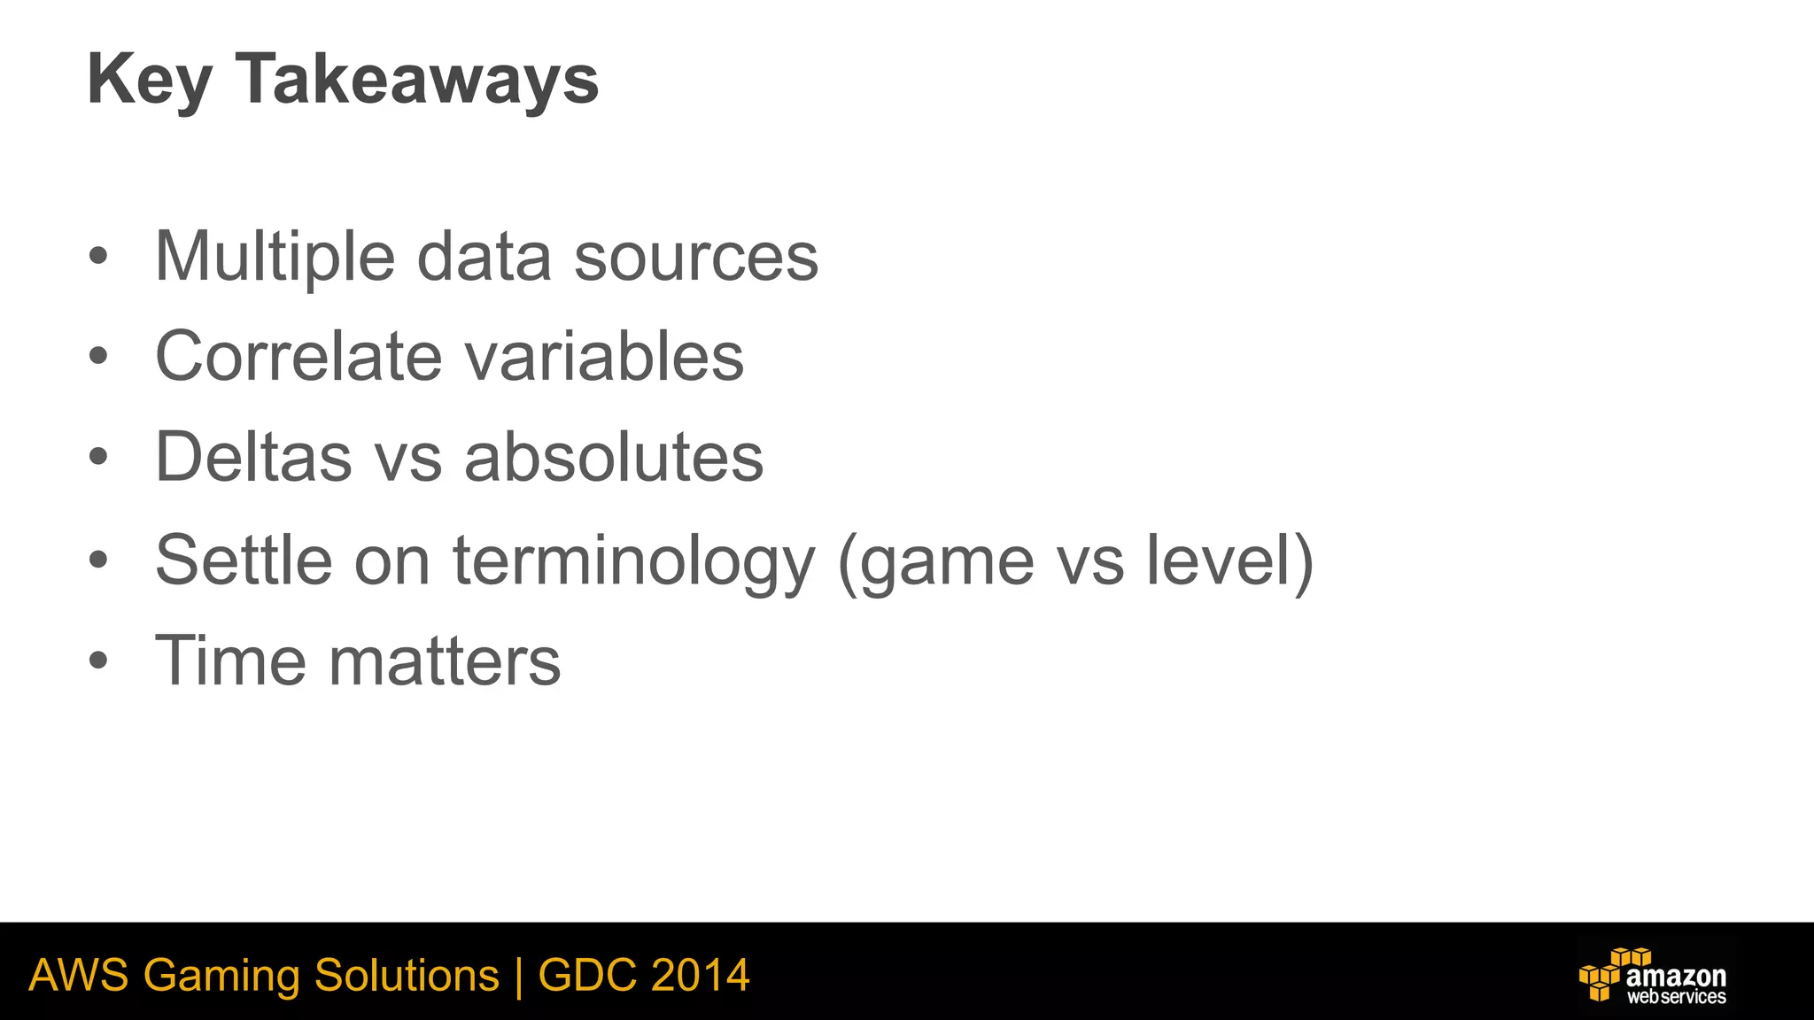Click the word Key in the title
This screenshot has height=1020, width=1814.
coord(149,81)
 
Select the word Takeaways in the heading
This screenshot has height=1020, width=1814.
coord(417,81)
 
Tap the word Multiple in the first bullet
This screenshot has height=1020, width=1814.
coord(275,258)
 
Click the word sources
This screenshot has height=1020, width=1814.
coord(695,258)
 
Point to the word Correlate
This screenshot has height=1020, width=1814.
coord(298,357)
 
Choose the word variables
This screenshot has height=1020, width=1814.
coord(604,357)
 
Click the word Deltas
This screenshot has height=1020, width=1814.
coord(253,458)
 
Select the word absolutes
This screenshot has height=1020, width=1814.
coord(613,458)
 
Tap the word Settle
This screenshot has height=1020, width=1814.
coord(244,560)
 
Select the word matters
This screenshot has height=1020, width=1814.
coord(445,661)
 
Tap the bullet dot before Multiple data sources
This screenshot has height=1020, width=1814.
coord(98,258)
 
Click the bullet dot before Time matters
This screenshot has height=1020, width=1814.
coord(98,661)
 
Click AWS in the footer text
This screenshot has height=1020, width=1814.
coord(78,976)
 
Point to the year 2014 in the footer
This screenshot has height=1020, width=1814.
coord(700,976)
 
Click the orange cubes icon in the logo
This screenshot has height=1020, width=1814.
coord(1605,976)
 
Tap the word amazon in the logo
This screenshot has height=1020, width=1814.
coord(1676,977)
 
